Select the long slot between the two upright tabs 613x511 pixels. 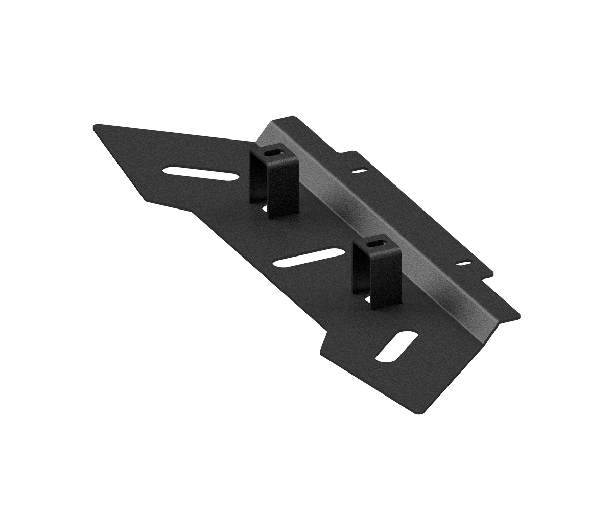pos(309,258)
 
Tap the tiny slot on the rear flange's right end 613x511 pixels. pos(465,264)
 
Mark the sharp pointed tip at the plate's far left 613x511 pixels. pos(94,126)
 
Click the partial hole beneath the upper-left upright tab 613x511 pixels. pos(265,208)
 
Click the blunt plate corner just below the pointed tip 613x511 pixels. pos(146,200)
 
